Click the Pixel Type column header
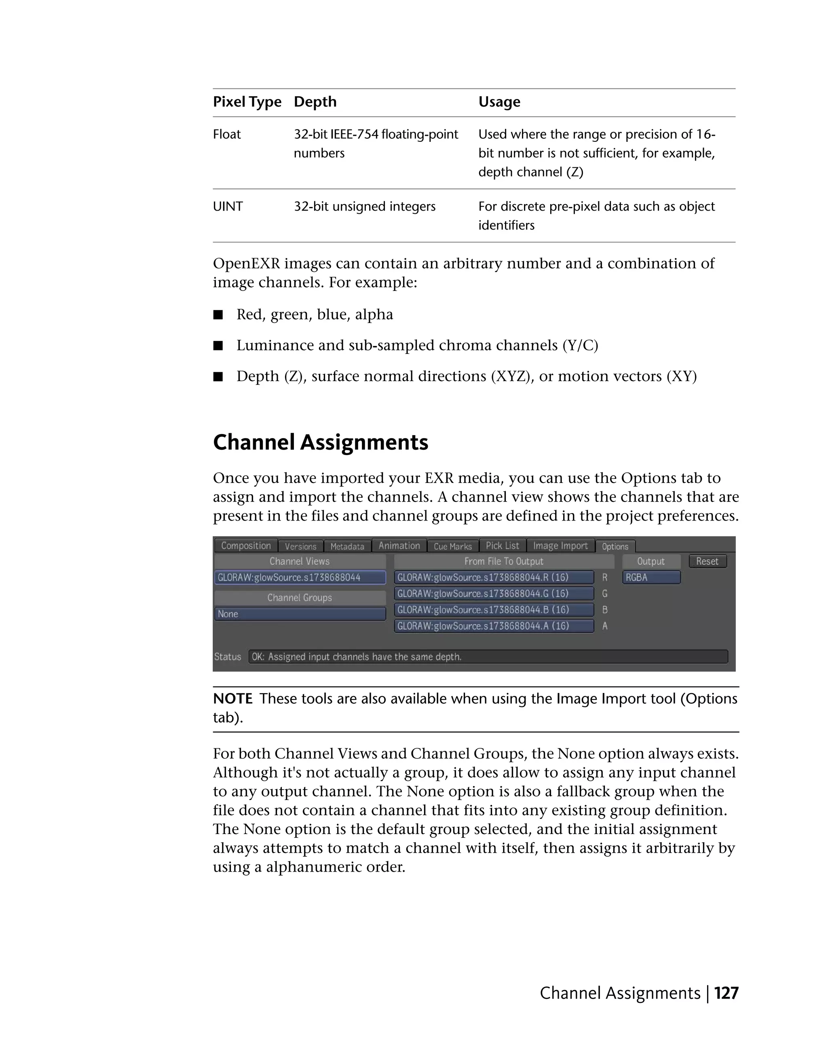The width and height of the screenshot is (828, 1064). (247, 102)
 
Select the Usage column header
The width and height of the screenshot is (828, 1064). (499, 102)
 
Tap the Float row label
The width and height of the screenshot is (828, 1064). (227, 135)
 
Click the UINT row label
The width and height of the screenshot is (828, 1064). (228, 206)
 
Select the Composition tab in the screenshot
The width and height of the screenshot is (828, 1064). (246, 546)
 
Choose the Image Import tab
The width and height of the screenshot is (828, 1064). (560, 546)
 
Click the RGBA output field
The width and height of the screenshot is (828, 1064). (651, 578)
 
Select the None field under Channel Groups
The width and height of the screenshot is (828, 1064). (300, 614)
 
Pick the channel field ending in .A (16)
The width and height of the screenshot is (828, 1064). (493, 626)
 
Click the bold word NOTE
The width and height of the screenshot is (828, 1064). (232, 699)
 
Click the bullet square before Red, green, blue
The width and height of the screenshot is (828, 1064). (218, 315)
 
